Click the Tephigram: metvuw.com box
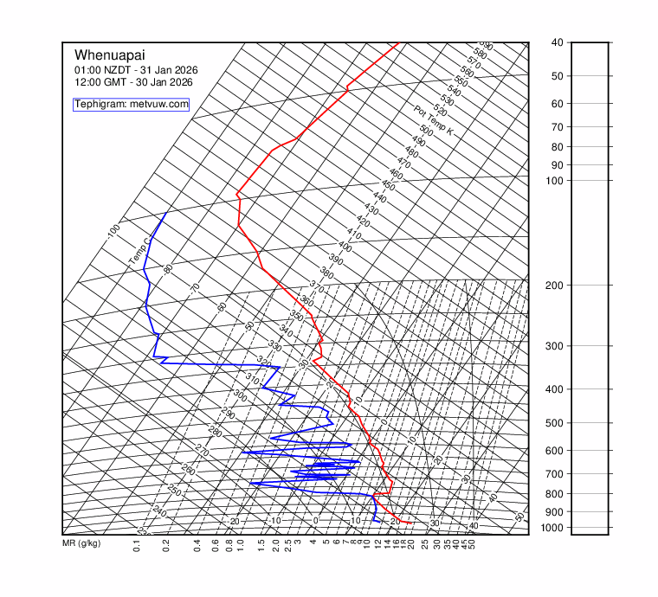click(132, 104)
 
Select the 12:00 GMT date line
click(133, 82)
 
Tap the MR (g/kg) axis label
click(82, 544)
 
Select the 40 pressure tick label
click(558, 42)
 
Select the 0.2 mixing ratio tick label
click(165, 546)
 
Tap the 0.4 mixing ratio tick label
click(197, 546)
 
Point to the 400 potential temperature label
click(345, 247)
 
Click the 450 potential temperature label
click(388, 186)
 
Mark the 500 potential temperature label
click(426, 130)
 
